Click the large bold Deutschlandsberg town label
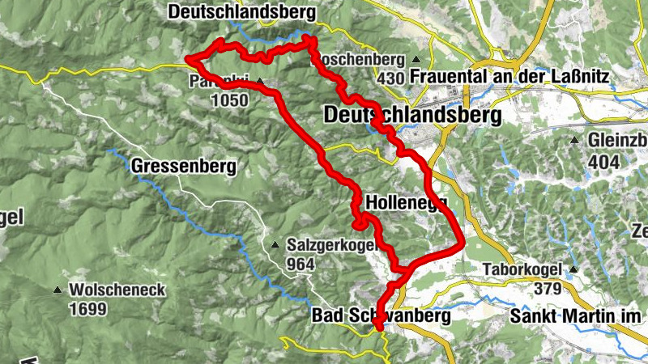pos(412,116)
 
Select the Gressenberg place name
pos(184,167)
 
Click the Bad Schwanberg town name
pos(381,317)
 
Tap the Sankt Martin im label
pos(576,316)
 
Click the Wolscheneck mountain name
pos(117,290)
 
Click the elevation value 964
pos(300,264)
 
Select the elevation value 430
pos(390,78)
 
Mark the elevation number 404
pos(604,163)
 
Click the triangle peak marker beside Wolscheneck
pos(58,290)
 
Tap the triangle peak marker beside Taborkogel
pos(574,269)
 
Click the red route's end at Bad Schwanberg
pos(377,326)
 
